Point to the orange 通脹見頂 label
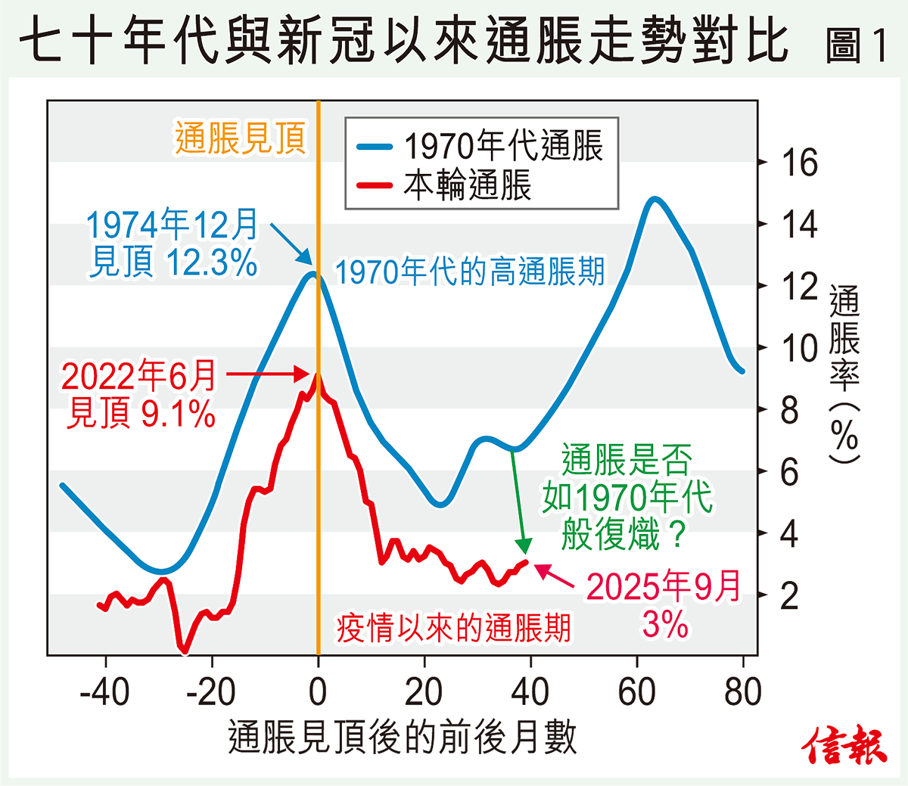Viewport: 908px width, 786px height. (x=241, y=138)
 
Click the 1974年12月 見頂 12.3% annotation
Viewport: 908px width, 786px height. (x=173, y=244)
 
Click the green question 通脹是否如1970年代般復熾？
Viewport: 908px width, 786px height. (x=627, y=496)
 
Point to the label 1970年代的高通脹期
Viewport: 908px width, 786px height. (x=469, y=271)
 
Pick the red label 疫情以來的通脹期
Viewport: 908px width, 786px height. (x=453, y=628)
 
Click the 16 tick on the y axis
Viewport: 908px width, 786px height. (x=799, y=162)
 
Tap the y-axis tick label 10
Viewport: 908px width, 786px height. (x=799, y=348)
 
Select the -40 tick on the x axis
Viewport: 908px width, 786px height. (x=104, y=691)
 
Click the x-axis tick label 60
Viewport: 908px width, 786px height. (x=636, y=691)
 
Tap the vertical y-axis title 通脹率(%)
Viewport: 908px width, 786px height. (x=844, y=374)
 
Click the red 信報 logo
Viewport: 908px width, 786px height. (x=844, y=745)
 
